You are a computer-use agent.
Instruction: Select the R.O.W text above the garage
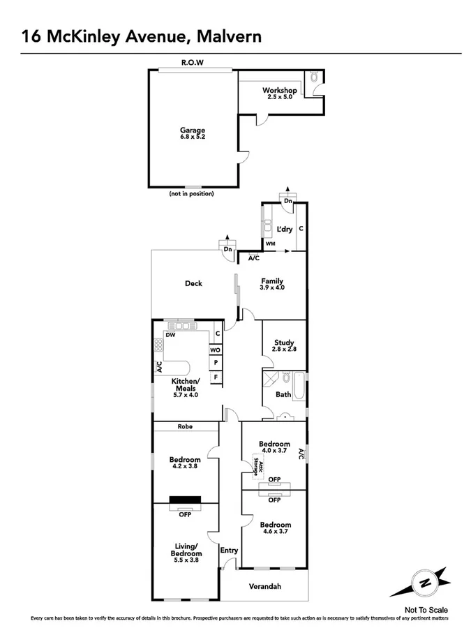[x=192, y=63]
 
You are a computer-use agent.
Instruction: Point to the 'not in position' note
[x=191, y=193]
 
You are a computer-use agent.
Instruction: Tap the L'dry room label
[x=284, y=229]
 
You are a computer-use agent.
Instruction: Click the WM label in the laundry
[x=270, y=244]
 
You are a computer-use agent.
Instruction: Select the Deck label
[x=193, y=283]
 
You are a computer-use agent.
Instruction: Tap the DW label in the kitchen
[x=170, y=334]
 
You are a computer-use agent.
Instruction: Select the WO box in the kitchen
[x=216, y=349]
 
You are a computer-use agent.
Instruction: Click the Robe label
[x=185, y=426]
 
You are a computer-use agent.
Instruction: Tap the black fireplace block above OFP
[x=185, y=499]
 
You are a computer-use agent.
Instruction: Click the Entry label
[x=229, y=551]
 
